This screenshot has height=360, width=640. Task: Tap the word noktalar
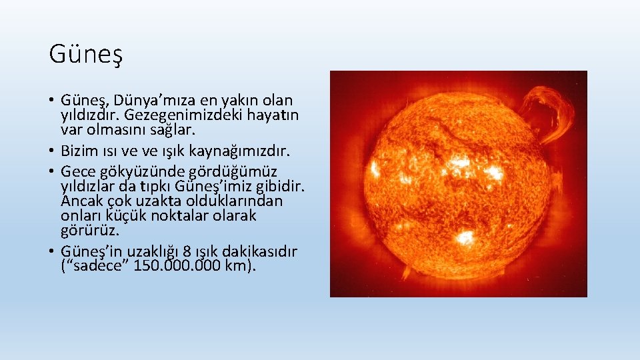pos(179,215)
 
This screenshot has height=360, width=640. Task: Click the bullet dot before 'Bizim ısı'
pos(52,145)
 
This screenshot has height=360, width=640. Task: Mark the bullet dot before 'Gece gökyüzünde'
pos(52,172)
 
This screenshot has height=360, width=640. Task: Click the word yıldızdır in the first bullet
pos(88,115)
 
